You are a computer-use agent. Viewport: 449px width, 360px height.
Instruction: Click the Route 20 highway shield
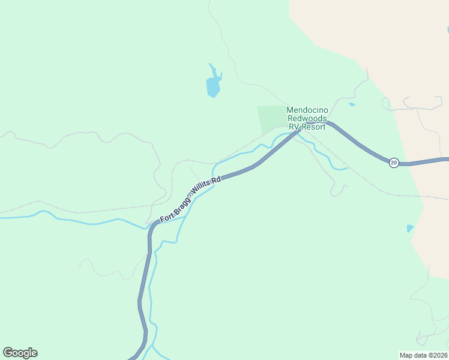[x=393, y=163]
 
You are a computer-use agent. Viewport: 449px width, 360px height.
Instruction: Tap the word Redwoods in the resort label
[x=306, y=118]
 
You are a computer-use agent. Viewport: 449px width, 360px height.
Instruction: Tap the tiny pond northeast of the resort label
[x=352, y=104]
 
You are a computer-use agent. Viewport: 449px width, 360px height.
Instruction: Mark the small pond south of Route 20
[x=409, y=229]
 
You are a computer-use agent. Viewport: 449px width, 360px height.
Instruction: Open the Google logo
[x=20, y=353]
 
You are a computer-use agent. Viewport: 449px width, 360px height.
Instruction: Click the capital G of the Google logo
[x=7, y=352]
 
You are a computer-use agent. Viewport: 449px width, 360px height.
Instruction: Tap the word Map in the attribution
[x=406, y=355]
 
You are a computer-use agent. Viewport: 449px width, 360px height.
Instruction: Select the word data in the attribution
[x=420, y=355]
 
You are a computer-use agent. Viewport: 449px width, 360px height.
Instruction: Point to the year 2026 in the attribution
[x=439, y=355]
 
